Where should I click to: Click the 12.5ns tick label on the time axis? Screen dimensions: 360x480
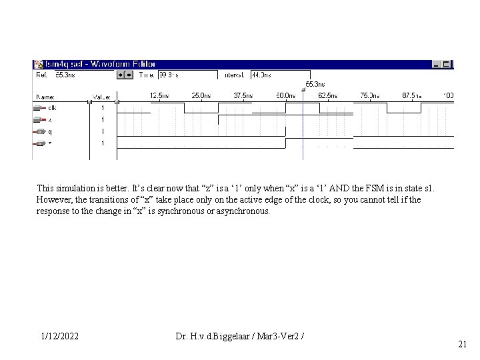(160, 96)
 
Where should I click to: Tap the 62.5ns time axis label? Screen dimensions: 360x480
(327, 96)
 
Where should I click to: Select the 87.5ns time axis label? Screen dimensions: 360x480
(411, 96)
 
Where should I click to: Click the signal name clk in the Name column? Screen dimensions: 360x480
(51, 107)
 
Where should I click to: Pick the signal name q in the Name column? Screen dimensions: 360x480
(50, 131)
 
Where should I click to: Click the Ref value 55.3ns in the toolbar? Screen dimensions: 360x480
(65, 75)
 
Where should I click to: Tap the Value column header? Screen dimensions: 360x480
(101, 97)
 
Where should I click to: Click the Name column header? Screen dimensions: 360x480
(45, 97)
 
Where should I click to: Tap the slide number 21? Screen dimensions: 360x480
(462, 344)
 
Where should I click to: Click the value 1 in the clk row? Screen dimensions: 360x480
(103, 107)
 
